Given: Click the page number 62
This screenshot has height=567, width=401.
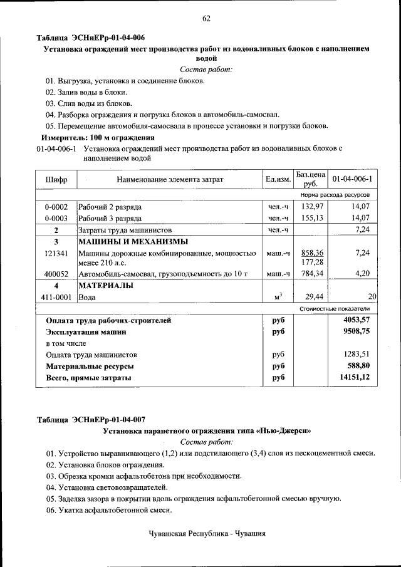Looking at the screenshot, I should coord(206,18).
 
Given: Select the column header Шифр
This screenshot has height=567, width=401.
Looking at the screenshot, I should coord(56,179).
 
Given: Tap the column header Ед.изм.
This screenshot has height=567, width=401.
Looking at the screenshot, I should coord(278,179).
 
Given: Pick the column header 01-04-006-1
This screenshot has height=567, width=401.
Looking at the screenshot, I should coord(352,179).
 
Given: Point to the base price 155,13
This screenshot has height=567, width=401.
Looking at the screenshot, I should coord(311,218).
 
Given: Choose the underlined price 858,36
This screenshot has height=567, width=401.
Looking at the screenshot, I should coord(311,253).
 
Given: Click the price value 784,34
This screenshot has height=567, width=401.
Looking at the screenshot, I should coord(311,274).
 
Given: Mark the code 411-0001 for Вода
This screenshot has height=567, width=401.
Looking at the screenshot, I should coord(56,297).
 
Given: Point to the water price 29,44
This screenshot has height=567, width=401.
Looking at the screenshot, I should coord(311,297).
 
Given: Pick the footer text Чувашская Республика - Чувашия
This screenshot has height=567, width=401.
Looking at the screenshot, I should coord(207,534).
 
